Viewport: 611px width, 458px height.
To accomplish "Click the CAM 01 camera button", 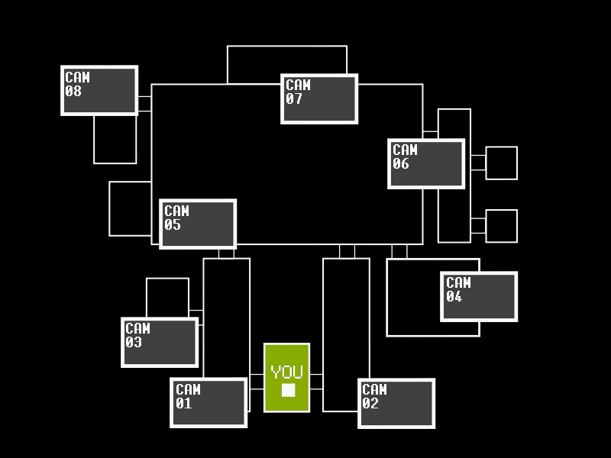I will [209, 402].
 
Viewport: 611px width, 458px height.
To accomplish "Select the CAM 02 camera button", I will [396, 403].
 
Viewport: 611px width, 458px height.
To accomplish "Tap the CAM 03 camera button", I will [160, 342].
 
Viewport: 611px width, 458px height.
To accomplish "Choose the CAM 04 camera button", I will [479, 296].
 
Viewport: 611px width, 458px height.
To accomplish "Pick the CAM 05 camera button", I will [198, 224].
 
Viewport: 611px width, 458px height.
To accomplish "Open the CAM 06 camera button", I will [426, 163].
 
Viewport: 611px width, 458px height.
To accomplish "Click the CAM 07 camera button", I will [319, 98].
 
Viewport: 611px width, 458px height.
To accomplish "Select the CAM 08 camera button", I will [99, 90].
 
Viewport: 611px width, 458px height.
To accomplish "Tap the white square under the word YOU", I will [288, 390].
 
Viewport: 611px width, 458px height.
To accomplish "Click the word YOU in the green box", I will [287, 373].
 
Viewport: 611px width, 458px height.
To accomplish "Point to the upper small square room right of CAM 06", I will [502, 163].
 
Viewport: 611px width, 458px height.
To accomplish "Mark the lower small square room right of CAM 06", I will [502, 226].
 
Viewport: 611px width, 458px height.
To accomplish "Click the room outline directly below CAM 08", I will [115, 140].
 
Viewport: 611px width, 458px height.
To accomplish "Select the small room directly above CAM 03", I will [167, 297].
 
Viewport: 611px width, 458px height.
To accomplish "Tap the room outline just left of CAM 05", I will [131, 208].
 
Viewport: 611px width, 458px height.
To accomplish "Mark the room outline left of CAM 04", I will [412, 298].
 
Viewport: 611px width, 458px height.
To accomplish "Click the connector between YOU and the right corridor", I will [316, 382].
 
